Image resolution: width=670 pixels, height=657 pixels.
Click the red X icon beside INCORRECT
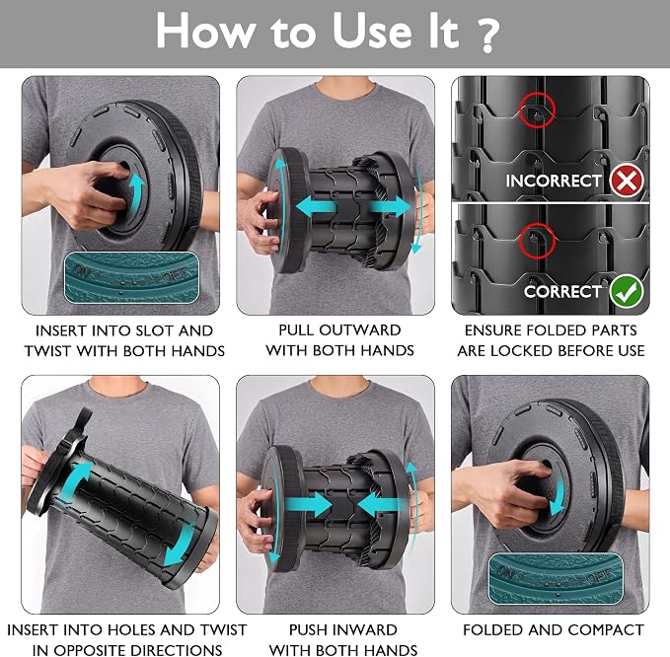pyautogui.click(x=627, y=182)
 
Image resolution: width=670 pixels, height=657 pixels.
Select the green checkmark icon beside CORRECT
pyautogui.click(x=626, y=292)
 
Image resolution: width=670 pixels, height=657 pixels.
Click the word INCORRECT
pyautogui.click(x=554, y=182)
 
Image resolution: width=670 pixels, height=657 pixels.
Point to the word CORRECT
pyautogui.click(x=562, y=292)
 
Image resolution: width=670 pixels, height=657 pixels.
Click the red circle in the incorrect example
pyautogui.click(x=538, y=109)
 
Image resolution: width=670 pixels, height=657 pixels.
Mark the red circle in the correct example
pyautogui.click(x=537, y=241)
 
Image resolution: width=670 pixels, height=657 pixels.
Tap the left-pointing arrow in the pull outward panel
pyautogui.click(x=316, y=208)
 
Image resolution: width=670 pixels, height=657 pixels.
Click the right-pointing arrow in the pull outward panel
pyautogui.click(x=390, y=207)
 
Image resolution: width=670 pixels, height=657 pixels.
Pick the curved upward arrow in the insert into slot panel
pyautogui.click(x=136, y=188)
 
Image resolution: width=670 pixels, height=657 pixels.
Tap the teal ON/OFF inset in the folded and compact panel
pyautogui.click(x=556, y=579)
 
